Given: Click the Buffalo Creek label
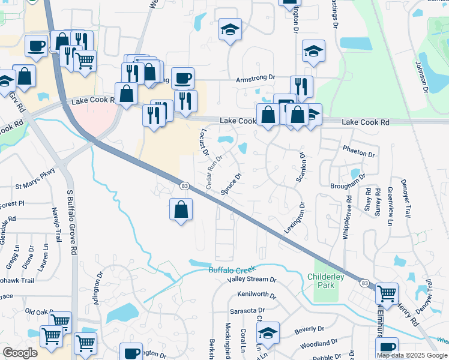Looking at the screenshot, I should point(232,270).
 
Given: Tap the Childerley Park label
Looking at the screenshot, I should point(329,281).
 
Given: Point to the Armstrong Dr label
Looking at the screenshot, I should point(255,78).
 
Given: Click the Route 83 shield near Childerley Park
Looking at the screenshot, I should point(364,282).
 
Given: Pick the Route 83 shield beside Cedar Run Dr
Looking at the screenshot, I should point(184,187).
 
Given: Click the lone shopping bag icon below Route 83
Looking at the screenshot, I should point(181,210).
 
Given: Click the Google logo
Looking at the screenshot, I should point(20,353).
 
